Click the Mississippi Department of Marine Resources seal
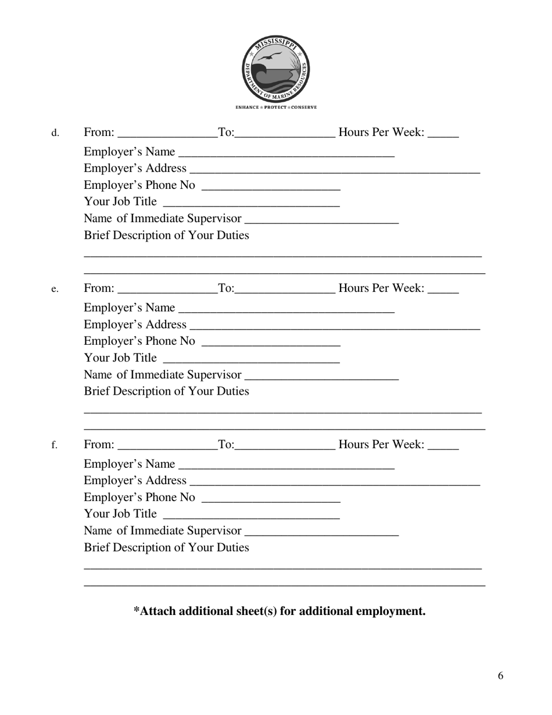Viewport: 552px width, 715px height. pos(275,69)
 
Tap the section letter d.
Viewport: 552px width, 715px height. pos(55,134)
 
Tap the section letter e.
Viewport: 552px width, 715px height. pos(55,289)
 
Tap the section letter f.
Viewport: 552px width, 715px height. pos(55,445)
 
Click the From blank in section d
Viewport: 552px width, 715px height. pos(167,134)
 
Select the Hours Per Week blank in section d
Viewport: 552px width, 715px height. pos(443,134)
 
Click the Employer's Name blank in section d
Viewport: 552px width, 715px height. pos(286,152)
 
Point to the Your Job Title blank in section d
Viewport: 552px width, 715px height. pos(252,202)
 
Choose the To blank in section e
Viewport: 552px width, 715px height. pos(285,289)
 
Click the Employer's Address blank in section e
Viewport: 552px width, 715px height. pos(335,325)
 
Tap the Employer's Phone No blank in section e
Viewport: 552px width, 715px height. pos(270,342)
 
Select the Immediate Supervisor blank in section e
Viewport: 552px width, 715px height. pos(322,375)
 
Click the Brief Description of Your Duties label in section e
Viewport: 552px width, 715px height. pos(167,391)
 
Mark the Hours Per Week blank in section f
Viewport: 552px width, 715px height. pos(443,445)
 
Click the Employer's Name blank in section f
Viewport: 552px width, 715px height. pos(286,464)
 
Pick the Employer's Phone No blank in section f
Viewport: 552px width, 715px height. pos(270,498)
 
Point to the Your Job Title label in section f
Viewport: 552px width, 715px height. pos(120,514)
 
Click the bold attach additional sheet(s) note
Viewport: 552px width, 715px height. pos(279,611)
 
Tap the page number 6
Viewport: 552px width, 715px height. pos(500,675)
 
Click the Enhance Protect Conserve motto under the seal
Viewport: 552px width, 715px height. pos(276,108)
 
